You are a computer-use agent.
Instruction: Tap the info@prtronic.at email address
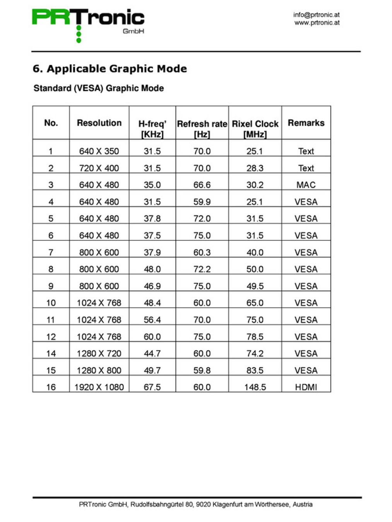tap(316, 15)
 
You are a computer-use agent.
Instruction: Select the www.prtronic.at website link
tap(317, 23)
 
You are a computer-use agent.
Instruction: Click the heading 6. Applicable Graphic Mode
tap(110, 69)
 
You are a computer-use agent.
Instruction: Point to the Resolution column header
tap(99, 123)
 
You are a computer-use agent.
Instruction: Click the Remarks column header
tap(306, 123)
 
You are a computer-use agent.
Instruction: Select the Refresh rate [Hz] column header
tap(202, 129)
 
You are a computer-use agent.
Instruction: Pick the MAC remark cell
tap(306, 185)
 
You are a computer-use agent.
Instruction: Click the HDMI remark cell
tap(306, 387)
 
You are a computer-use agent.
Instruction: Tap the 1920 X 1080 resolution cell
tap(99, 387)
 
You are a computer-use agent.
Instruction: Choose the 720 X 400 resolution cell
tap(99, 168)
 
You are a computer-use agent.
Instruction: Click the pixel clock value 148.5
tap(255, 387)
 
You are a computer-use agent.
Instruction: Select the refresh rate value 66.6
tap(202, 185)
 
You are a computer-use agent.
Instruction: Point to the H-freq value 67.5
tap(152, 387)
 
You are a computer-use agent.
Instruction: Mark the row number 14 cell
tap(51, 353)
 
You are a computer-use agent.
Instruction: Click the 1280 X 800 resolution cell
tap(99, 370)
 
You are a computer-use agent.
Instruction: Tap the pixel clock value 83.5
tap(255, 370)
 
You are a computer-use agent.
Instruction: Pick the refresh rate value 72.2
tap(202, 269)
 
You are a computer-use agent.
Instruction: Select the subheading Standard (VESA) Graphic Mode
tap(99, 88)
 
